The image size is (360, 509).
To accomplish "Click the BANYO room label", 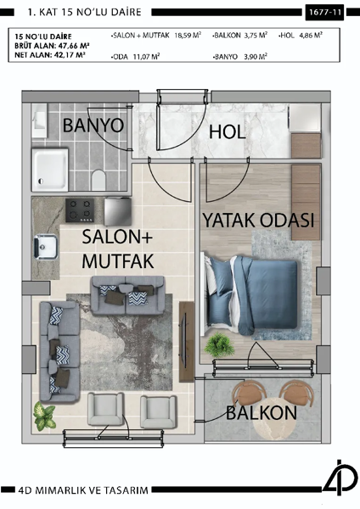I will click(x=93, y=126).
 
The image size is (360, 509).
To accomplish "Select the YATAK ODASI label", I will click(x=258, y=221).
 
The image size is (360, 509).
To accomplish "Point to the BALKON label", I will click(x=261, y=413).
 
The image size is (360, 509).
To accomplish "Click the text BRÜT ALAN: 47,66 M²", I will click(x=52, y=47).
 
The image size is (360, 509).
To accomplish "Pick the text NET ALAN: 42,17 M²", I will click(x=50, y=56).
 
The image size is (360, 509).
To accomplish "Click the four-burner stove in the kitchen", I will click(x=84, y=209).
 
